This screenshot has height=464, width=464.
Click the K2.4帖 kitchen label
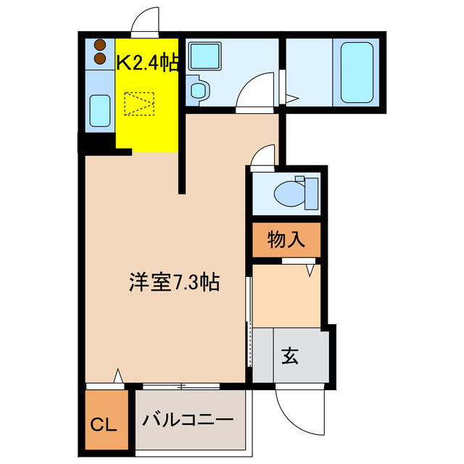(x=147, y=63)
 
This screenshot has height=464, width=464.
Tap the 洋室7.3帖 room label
(x=174, y=282)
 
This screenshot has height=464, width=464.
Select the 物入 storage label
(x=286, y=239)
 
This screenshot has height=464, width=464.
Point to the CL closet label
(x=103, y=426)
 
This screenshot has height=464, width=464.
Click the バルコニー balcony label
(x=188, y=420)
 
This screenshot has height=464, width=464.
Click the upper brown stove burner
(x=100, y=45)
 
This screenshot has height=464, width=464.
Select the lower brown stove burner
(x=100, y=58)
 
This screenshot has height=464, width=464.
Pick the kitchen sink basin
(x=100, y=111)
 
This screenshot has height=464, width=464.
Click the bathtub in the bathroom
(x=357, y=72)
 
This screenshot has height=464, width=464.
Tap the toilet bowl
(x=289, y=194)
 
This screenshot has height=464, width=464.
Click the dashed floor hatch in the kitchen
(x=139, y=104)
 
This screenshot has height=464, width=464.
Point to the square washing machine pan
(x=205, y=56)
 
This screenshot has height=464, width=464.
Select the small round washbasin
(x=199, y=90)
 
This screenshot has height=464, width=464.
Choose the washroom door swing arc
(x=249, y=83)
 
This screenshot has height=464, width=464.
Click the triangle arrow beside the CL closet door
(x=118, y=376)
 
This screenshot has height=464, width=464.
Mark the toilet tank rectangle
(x=312, y=194)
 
